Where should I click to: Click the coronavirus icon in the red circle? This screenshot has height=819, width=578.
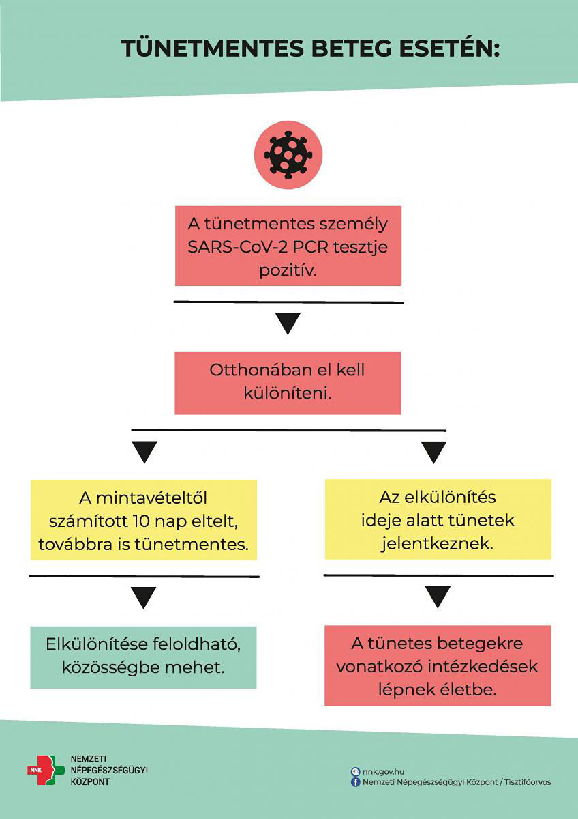click(288, 155)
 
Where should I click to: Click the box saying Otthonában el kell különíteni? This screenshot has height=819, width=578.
click(288, 383)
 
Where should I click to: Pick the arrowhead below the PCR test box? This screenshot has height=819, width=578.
click(288, 323)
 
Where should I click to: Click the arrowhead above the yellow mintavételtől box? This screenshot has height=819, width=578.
click(144, 451)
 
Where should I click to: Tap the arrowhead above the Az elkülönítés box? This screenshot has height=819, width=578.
click(433, 451)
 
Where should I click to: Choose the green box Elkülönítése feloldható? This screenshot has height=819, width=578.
click(143, 657)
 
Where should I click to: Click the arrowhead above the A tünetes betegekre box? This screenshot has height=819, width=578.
click(438, 596)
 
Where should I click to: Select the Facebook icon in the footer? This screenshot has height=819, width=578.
click(355, 782)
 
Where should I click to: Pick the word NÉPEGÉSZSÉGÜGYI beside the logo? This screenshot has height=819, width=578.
click(109, 770)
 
